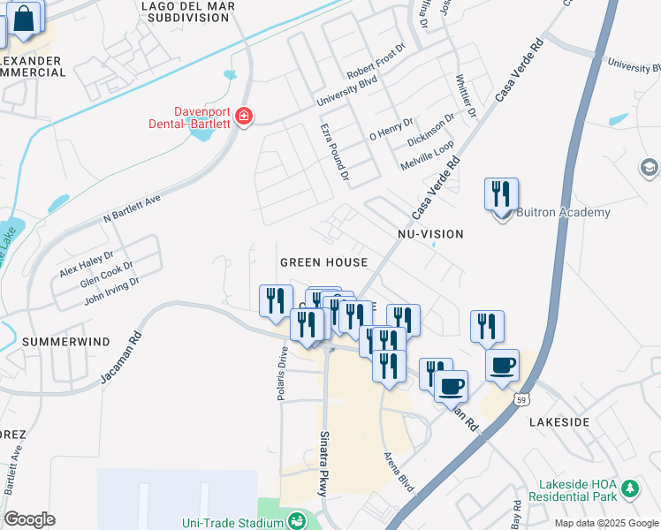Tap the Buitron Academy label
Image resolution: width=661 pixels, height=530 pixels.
[x=563, y=213]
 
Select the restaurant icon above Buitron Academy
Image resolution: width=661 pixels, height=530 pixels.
[x=501, y=193]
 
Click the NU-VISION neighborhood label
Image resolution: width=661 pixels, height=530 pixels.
[x=430, y=234]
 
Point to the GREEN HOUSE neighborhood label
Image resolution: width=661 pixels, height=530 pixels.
[x=323, y=262]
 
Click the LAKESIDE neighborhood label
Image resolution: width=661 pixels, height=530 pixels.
[x=559, y=422]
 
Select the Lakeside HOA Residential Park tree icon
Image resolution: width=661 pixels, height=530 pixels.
[x=629, y=488]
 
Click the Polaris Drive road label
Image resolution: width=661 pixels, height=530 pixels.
[x=282, y=372]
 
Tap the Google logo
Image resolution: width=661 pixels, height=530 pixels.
[x=29, y=519]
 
